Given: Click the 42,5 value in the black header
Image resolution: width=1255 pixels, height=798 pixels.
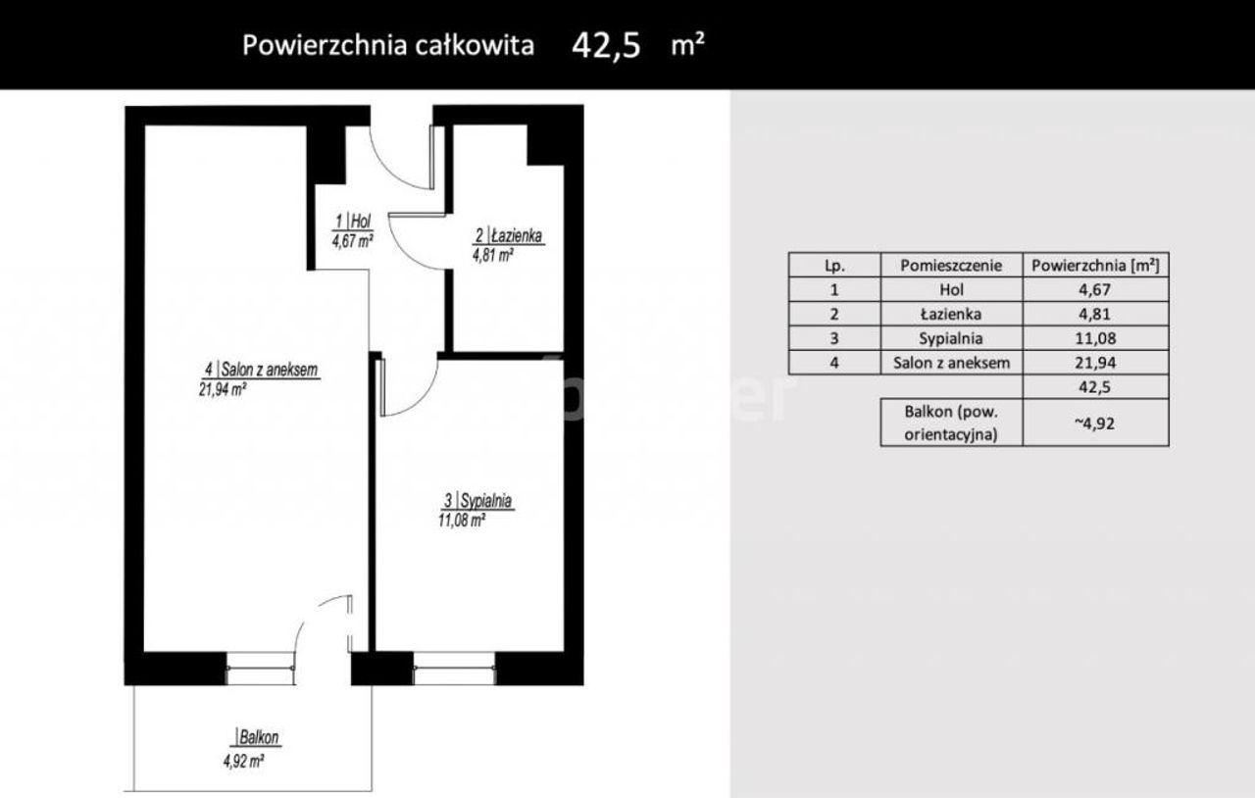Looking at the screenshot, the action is click(606, 45).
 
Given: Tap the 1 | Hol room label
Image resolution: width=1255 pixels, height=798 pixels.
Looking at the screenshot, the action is click(353, 222).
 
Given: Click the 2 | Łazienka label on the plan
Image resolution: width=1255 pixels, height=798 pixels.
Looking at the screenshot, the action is click(509, 235).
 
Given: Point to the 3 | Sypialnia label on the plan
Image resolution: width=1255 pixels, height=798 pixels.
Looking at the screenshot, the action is click(477, 500).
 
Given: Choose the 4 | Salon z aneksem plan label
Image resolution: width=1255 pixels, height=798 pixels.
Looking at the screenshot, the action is click(261, 370).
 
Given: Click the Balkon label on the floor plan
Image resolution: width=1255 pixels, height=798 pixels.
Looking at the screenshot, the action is click(258, 737).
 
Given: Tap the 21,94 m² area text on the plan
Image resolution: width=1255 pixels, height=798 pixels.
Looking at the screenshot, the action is click(223, 389).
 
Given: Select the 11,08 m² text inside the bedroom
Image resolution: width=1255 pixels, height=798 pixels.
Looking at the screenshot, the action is click(462, 520).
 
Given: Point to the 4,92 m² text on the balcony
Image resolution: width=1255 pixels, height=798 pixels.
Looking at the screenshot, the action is click(243, 761).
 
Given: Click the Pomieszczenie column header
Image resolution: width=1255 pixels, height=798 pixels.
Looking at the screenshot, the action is click(951, 265).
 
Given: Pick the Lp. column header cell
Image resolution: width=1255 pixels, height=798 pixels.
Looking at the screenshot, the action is click(834, 265).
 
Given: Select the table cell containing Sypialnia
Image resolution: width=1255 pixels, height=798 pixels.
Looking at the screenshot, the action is click(951, 338).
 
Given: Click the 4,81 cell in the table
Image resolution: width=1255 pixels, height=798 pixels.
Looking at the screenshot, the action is click(1095, 314).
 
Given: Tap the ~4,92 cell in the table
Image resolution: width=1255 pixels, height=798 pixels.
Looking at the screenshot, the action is click(1095, 424).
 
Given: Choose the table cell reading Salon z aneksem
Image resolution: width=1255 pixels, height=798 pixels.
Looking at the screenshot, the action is click(951, 363).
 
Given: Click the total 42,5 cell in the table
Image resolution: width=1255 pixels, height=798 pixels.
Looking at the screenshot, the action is click(1095, 386).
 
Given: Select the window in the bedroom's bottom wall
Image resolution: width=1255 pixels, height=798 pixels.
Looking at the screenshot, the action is click(454, 668).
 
